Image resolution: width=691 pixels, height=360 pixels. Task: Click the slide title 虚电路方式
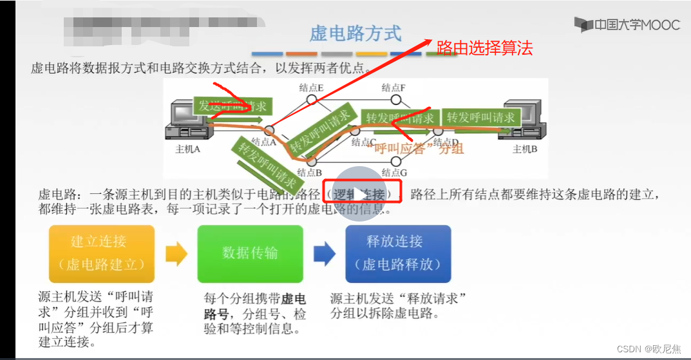click(x=355, y=33)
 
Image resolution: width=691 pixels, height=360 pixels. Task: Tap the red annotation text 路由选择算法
click(x=484, y=47)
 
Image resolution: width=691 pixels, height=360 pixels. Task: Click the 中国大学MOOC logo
click(x=627, y=25)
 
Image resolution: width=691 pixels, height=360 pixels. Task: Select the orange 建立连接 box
click(x=102, y=253)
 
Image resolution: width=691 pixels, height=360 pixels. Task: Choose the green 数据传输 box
click(x=250, y=253)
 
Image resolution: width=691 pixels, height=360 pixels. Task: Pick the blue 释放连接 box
click(x=398, y=253)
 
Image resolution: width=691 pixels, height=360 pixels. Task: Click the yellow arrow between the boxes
click(x=176, y=254)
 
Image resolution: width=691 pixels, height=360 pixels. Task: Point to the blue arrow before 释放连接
click(x=324, y=254)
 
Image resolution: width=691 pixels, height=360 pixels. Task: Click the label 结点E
click(x=311, y=88)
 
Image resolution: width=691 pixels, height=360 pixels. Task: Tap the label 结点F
click(x=393, y=88)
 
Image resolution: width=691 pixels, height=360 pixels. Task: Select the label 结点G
click(x=394, y=172)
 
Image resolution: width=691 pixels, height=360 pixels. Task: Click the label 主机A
click(x=188, y=149)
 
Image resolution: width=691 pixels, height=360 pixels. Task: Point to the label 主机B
click(x=525, y=149)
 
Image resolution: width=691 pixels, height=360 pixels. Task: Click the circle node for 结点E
click(x=311, y=100)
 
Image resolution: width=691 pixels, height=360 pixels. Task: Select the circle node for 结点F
click(x=396, y=100)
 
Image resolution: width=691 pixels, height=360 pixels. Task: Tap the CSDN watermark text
click(x=648, y=348)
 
